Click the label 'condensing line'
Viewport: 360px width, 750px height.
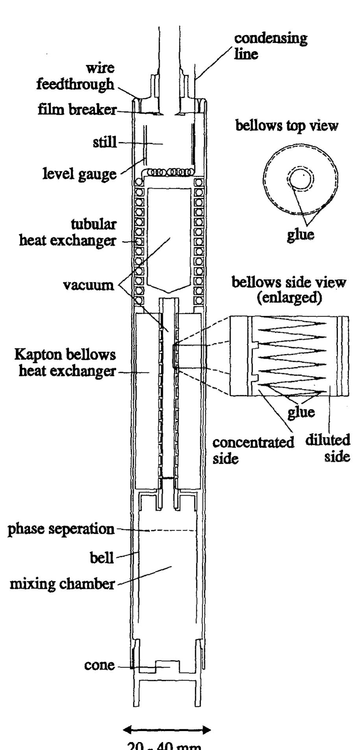271,46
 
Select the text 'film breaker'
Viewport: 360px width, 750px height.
78,110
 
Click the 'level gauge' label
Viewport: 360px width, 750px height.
80,173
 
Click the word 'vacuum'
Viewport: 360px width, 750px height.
88,284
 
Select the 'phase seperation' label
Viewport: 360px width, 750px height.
61,529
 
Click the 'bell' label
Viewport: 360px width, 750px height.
102,557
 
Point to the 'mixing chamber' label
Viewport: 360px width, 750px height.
62,584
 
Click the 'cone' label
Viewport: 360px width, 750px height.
100,665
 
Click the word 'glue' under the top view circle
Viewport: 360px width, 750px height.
301,234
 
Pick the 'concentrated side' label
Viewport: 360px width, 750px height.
253,450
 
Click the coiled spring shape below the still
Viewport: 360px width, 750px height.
169,172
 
